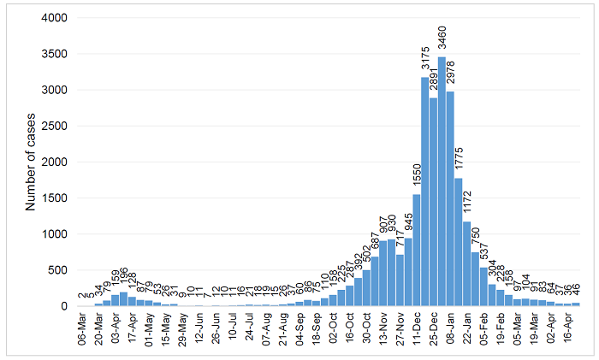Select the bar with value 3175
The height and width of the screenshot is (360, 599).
point(424,192)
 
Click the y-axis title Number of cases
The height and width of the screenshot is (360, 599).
point(31,162)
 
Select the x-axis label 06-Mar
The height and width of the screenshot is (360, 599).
point(81,328)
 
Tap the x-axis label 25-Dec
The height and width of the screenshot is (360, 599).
point(433,328)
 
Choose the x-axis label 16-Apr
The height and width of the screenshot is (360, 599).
point(567,328)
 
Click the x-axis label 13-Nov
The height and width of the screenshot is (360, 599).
point(383,328)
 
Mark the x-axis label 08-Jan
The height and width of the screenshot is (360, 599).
point(450,328)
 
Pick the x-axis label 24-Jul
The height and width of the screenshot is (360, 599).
point(249,328)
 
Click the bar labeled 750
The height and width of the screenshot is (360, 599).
point(475,279)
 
